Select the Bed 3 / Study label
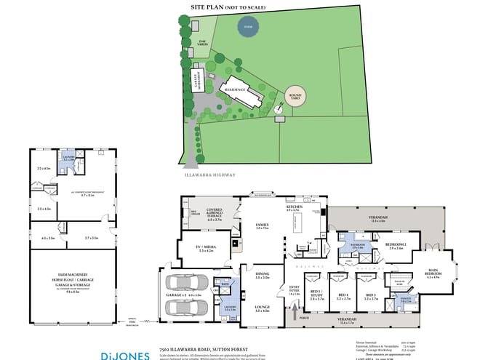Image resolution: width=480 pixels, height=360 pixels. tap(317, 296)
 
